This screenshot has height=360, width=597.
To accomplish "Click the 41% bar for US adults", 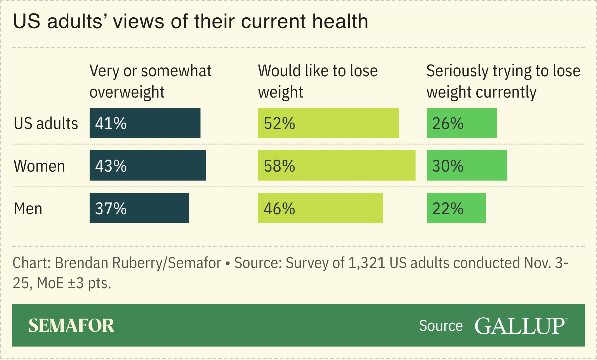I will pos(145,123).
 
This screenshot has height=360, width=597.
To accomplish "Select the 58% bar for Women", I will pos(336,165).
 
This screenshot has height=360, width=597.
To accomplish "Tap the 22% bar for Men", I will pos(456,208).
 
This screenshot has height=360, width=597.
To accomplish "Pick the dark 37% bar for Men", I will pos(139,208).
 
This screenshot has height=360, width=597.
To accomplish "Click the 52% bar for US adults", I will pos(328,123).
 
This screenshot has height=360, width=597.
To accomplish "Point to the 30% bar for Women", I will pos(467,165).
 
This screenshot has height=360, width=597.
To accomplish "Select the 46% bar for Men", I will pos(320,208).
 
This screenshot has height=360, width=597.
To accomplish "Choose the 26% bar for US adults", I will pos(462,123).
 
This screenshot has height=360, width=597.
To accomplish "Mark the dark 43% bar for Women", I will pos(148,165).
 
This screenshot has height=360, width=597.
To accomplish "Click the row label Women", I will pos(39,166).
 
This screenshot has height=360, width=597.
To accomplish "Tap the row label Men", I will pos(28,209).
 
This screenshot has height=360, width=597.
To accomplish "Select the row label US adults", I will pos(46,123).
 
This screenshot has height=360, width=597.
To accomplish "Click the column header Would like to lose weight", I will pos(318,81).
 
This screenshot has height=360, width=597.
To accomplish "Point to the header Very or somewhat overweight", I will pos(150,81).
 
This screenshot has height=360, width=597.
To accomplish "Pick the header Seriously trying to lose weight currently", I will pos(503,81).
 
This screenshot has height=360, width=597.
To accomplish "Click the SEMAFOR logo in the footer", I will pos(71,326).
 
